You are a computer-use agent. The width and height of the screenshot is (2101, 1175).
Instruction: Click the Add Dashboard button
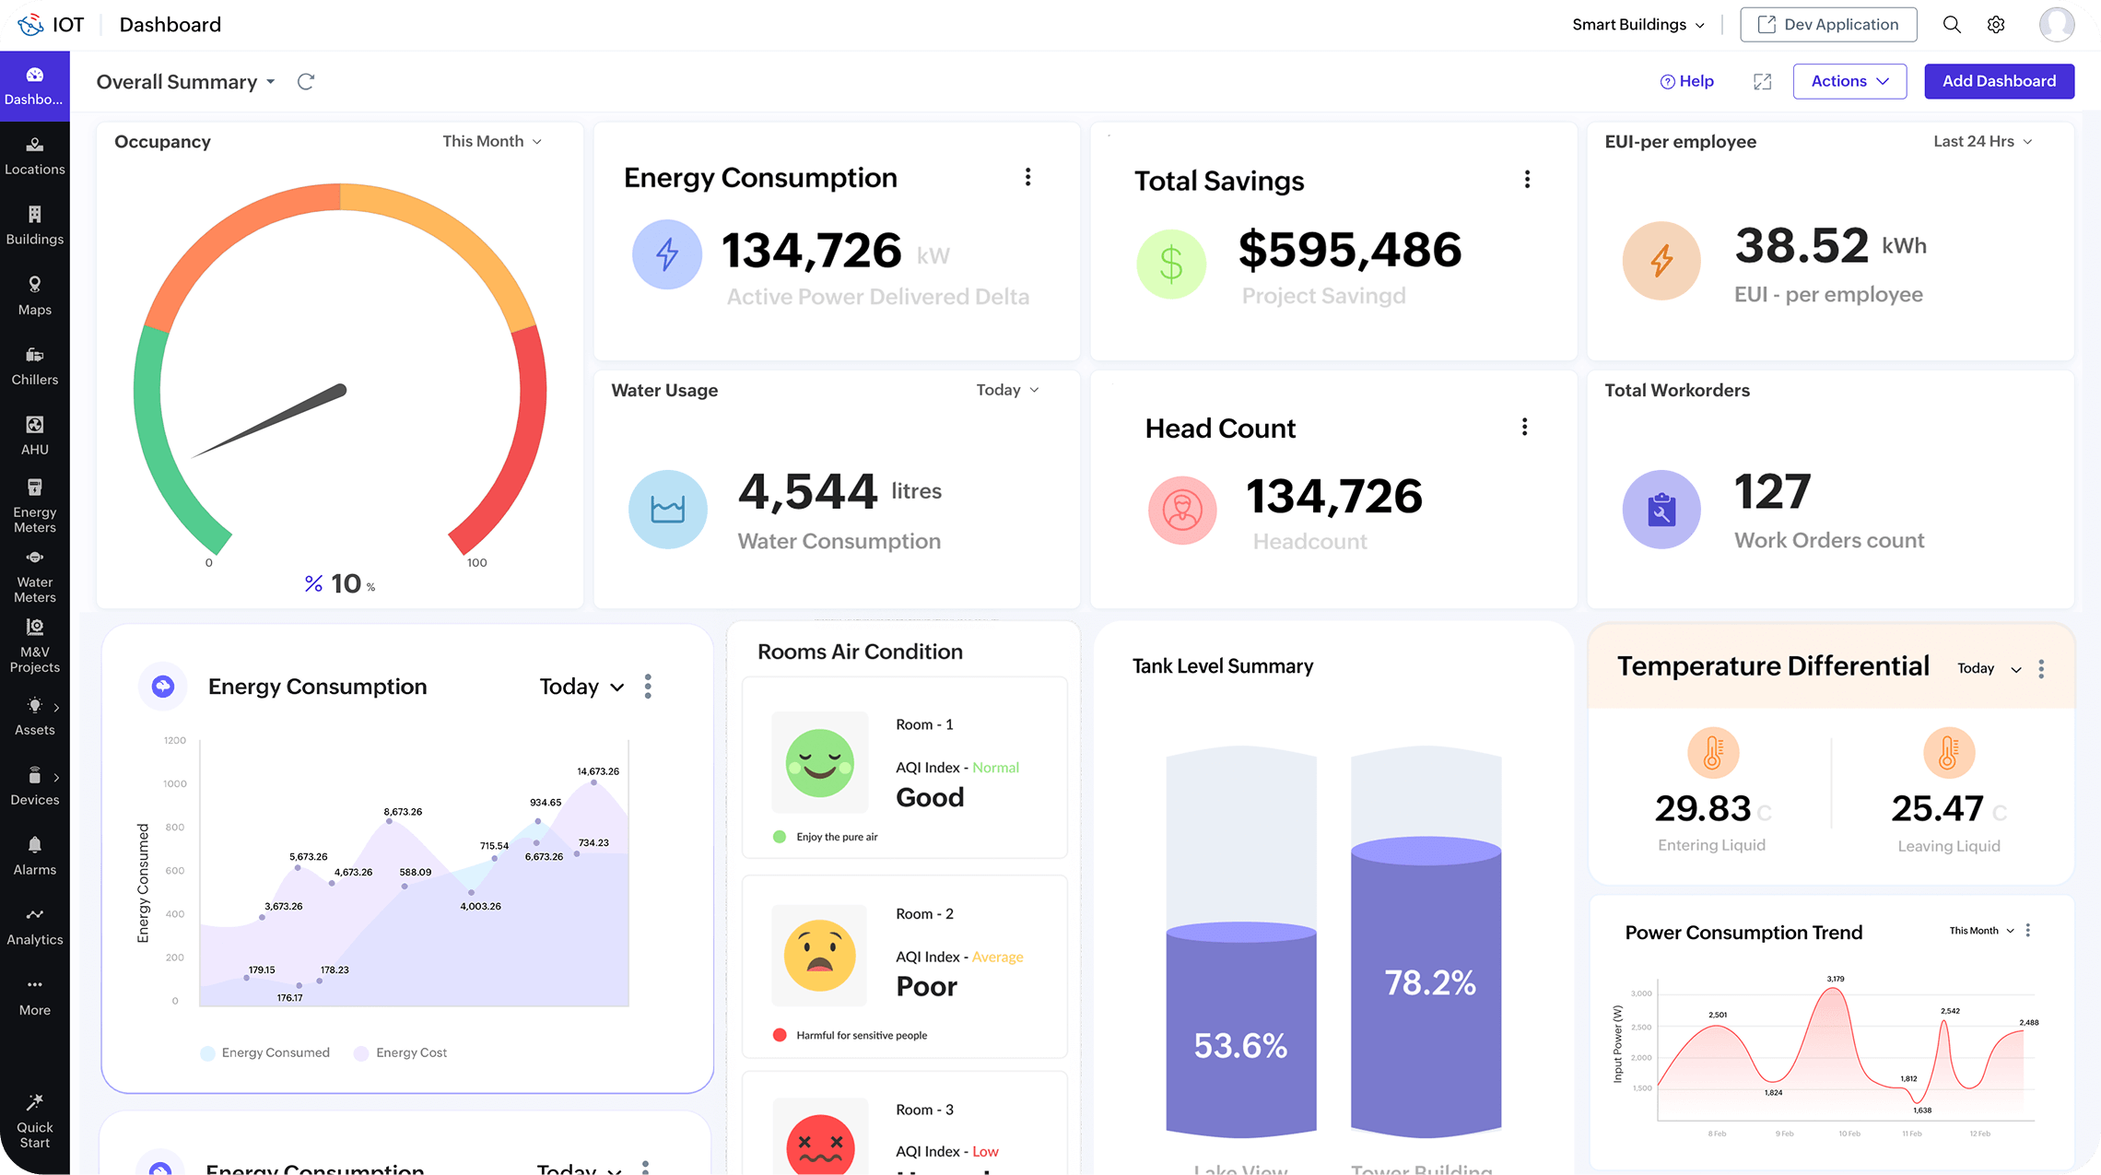pyautogui.click(x=1999, y=81)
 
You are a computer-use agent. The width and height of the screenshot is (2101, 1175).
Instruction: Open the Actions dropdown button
pyautogui.click(x=1849, y=81)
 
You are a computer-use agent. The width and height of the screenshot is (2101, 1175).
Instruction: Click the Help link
pyautogui.click(x=1686, y=81)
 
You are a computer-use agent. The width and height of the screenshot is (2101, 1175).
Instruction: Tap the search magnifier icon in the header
pyautogui.click(x=1952, y=25)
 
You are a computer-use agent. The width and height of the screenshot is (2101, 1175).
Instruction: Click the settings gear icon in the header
pyautogui.click(x=1996, y=25)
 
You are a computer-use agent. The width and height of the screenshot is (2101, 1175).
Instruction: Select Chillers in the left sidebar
pyautogui.click(x=35, y=366)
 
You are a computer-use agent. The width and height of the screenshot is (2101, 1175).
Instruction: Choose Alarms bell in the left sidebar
pyautogui.click(x=35, y=855)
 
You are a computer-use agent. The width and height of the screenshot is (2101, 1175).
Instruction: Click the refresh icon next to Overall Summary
pyautogui.click(x=306, y=82)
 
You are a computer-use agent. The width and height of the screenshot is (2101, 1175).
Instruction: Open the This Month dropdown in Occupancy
pyautogui.click(x=492, y=141)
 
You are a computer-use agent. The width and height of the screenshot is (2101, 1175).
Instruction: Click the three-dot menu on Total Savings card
pyautogui.click(x=1527, y=180)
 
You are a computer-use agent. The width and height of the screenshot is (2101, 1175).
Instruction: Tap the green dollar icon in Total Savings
pyautogui.click(x=1171, y=264)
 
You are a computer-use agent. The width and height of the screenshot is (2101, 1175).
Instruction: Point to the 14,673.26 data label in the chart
pyautogui.click(x=598, y=771)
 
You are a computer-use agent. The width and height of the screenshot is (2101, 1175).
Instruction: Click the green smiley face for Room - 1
pyautogui.click(x=819, y=763)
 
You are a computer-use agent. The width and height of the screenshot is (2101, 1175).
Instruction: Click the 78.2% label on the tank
pyautogui.click(x=1429, y=982)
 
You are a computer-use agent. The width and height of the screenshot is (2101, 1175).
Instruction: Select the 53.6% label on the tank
pyautogui.click(x=1240, y=1045)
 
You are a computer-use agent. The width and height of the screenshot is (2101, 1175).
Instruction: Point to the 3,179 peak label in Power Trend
pyautogui.click(x=1835, y=979)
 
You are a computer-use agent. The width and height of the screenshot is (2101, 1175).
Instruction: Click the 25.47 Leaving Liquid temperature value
pyautogui.click(x=1937, y=808)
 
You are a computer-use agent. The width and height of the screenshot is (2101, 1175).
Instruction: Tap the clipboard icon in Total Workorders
pyautogui.click(x=1661, y=510)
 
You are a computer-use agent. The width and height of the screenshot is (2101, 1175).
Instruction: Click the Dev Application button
pyautogui.click(x=1828, y=25)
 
